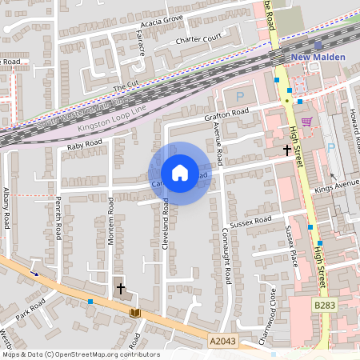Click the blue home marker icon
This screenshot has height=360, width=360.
tap(179, 173)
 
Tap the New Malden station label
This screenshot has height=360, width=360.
tap(318, 58)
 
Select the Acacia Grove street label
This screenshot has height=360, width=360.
tap(162, 22)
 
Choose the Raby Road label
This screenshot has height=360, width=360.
tap(85, 144)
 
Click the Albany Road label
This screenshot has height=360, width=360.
tap(6, 210)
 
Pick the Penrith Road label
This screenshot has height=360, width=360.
tap(58, 222)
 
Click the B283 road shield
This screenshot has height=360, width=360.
tap(323, 305)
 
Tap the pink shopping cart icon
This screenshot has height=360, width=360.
tap(306, 122)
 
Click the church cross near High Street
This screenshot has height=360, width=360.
tap(286, 150)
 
